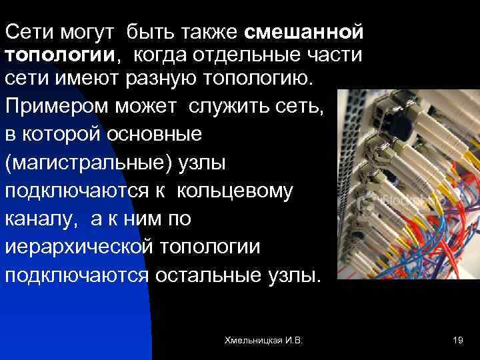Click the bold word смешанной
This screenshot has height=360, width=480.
coord(305,32)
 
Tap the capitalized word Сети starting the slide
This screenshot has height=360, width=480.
coord(26,32)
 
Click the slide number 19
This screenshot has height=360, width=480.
coord(457,341)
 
